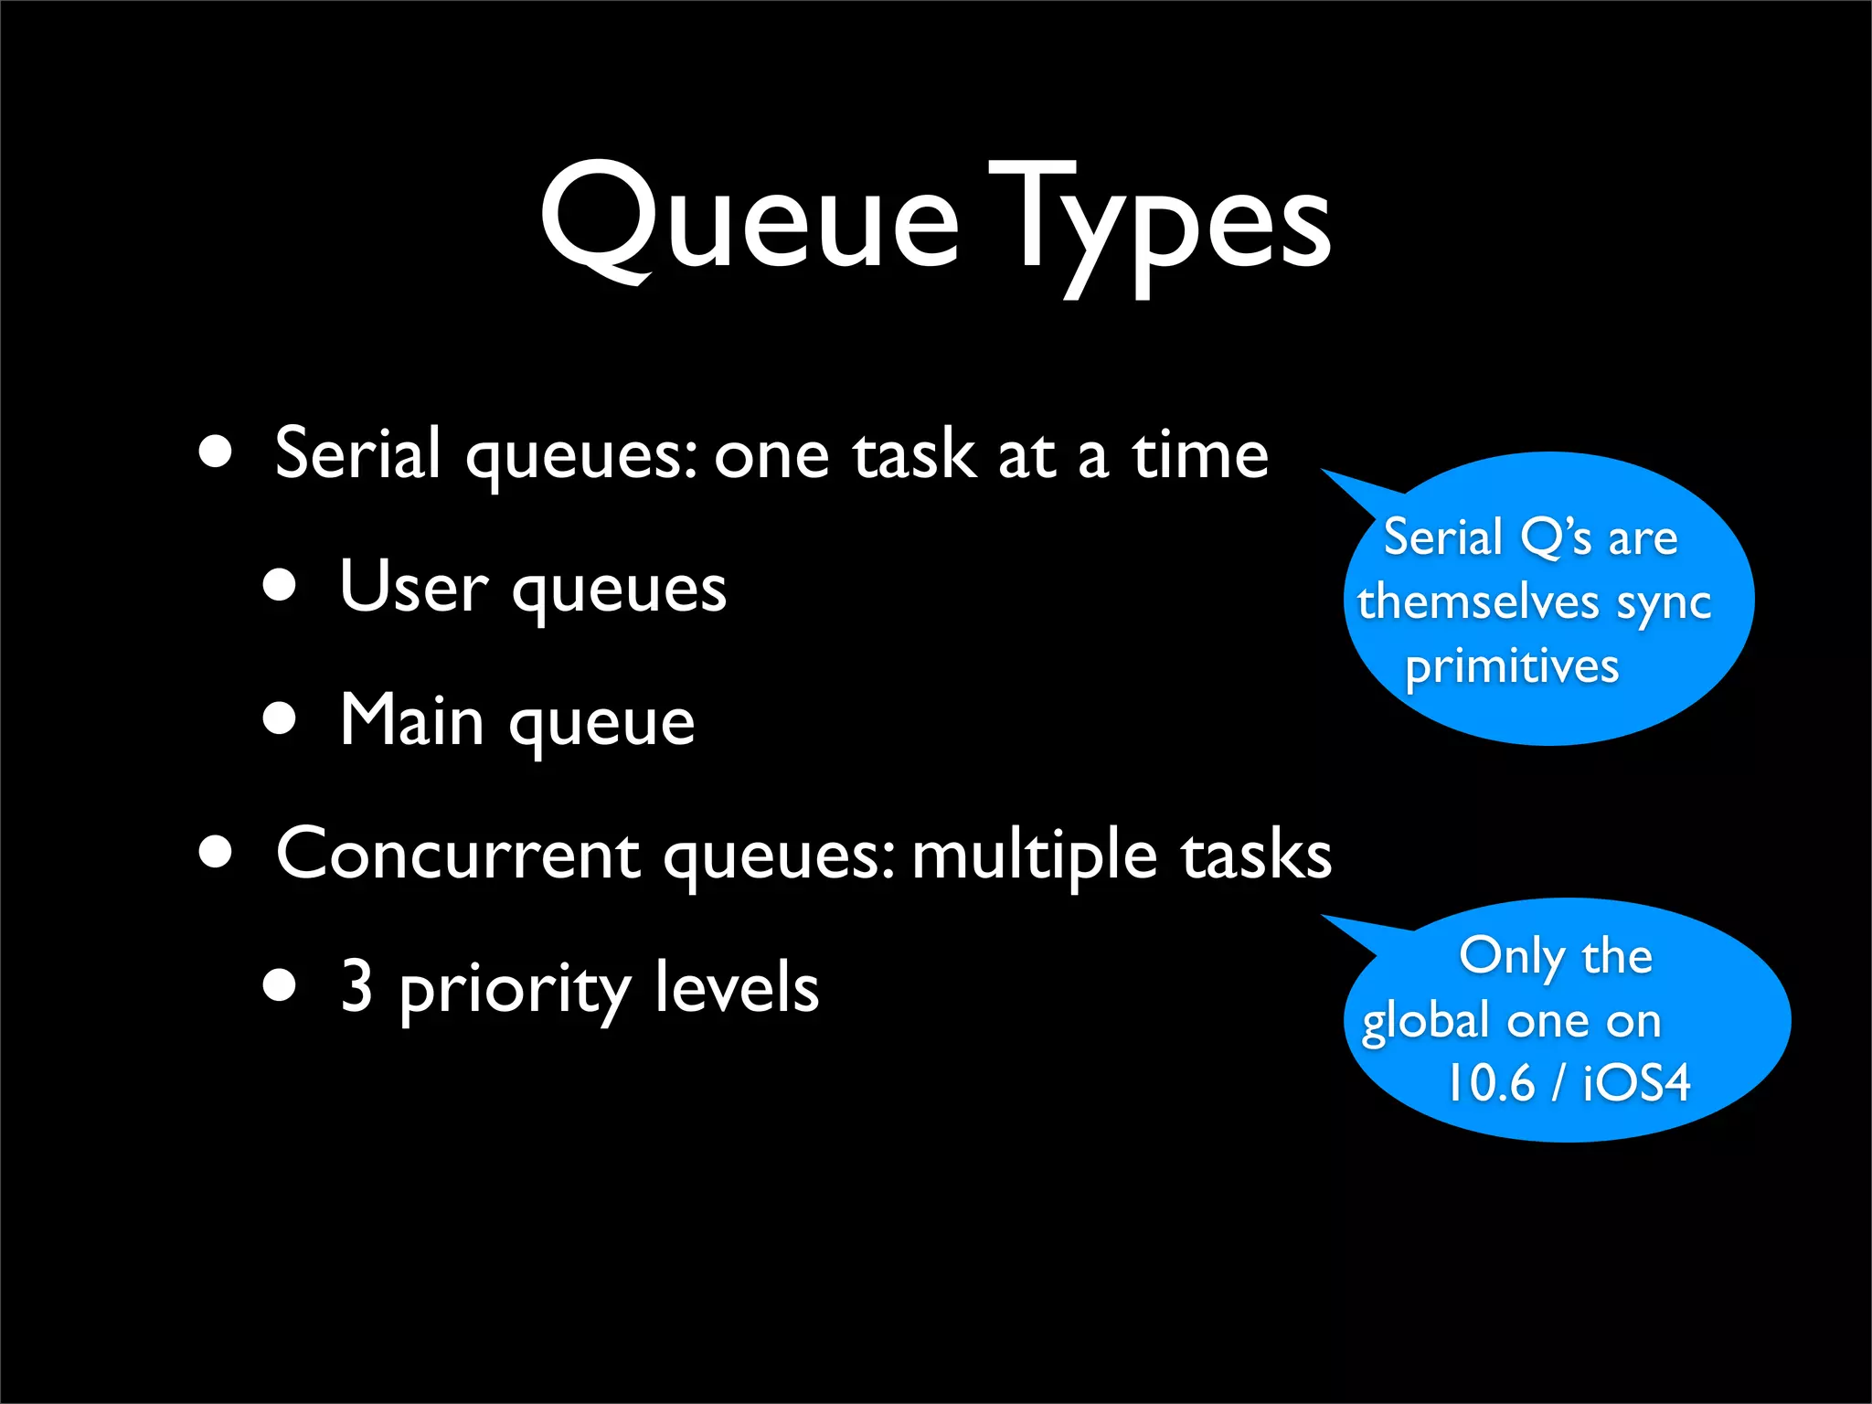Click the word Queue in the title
[750, 219]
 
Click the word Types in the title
[1159, 224]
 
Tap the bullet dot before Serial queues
[216, 452]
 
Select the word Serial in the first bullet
[357, 453]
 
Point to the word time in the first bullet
[1200, 454]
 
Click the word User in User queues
[413, 587]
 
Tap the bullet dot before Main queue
[280, 718]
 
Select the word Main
[411, 720]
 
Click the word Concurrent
[458, 855]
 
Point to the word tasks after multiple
[1256, 855]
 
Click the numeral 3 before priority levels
[356, 986]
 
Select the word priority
[515, 991]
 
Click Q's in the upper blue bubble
[1556, 538]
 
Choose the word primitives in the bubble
[1512, 666]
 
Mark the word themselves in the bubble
[1477, 602]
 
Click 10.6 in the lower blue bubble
[1490, 1084]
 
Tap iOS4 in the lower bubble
[1636, 1084]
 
